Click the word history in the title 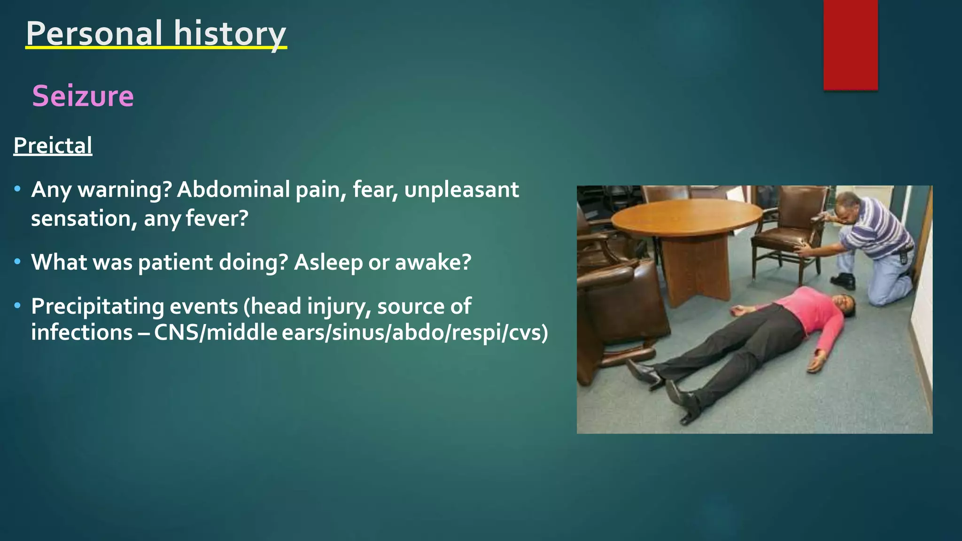(230, 33)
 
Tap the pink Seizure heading (83, 96)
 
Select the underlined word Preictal (53, 145)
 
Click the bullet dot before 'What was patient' (17, 262)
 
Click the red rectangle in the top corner (850, 45)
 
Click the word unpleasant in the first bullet (461, 190)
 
